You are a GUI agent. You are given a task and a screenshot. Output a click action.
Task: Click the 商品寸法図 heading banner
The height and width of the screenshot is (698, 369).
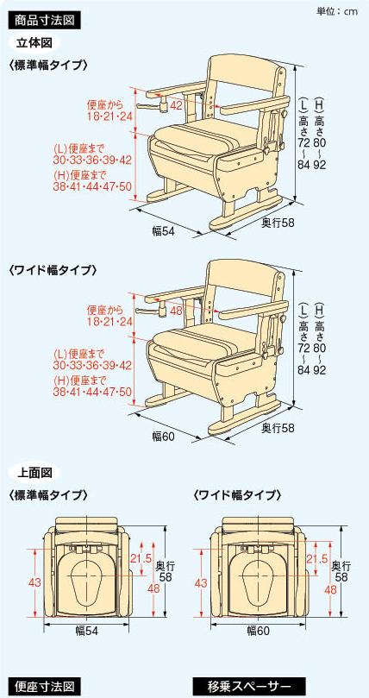(x=45, y=21)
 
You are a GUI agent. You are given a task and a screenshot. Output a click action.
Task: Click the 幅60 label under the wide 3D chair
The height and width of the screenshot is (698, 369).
(x=163, y=436)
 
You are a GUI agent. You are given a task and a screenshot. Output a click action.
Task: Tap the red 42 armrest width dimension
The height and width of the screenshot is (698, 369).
(x=177, y=105)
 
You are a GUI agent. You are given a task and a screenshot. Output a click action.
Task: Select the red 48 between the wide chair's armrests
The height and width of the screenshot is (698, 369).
(x=177, y=310)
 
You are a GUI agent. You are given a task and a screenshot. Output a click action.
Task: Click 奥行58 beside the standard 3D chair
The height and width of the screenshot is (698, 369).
(x=278, y=222)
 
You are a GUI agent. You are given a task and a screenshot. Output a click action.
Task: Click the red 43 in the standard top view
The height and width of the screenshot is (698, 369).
(x=25, y=582)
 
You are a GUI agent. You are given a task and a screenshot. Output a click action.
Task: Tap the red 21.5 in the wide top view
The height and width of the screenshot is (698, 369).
(x=317, y=559)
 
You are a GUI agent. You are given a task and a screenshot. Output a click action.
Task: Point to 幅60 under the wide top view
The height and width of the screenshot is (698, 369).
(x=259, y=630)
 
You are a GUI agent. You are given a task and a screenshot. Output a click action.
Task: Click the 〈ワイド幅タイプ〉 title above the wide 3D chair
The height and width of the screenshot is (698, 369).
(x=53, y=270)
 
